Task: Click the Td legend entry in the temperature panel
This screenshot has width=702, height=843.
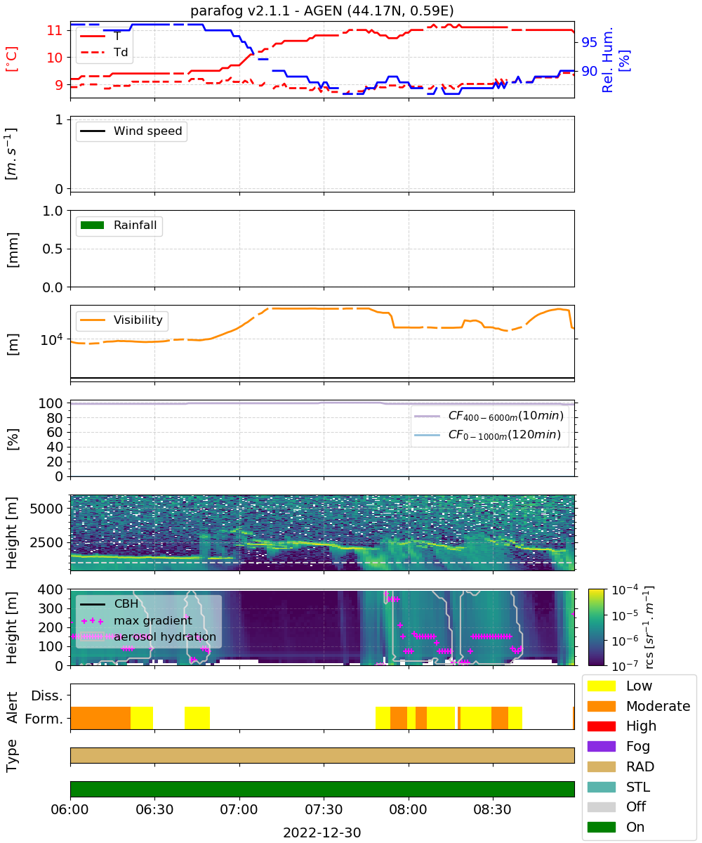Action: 104,52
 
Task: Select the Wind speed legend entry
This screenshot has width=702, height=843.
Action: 131,131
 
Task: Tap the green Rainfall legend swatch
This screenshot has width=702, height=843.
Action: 93,225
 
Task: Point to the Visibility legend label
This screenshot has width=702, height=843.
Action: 138,320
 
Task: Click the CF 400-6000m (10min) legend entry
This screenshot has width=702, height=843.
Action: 489,416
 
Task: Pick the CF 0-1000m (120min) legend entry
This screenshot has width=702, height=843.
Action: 487,435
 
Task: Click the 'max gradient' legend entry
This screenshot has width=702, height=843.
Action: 136,620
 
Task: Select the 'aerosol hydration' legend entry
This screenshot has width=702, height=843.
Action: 148,636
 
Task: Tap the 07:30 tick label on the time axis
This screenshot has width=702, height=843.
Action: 324,809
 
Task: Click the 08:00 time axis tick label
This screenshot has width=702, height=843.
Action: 408,809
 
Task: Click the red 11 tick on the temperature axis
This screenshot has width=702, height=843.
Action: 55,30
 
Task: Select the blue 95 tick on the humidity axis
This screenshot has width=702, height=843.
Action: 589,42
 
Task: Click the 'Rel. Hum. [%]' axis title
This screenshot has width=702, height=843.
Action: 615,60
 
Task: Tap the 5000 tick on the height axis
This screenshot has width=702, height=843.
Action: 46,509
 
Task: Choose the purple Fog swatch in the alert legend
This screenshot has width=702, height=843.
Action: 601,747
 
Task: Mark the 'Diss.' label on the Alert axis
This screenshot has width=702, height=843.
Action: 47,695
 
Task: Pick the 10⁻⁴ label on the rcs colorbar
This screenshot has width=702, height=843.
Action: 625,590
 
